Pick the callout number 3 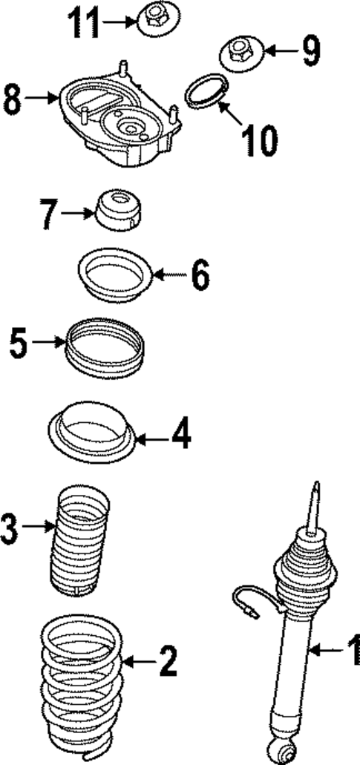(x=10, y=528)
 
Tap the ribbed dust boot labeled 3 (x=79, y=537)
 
